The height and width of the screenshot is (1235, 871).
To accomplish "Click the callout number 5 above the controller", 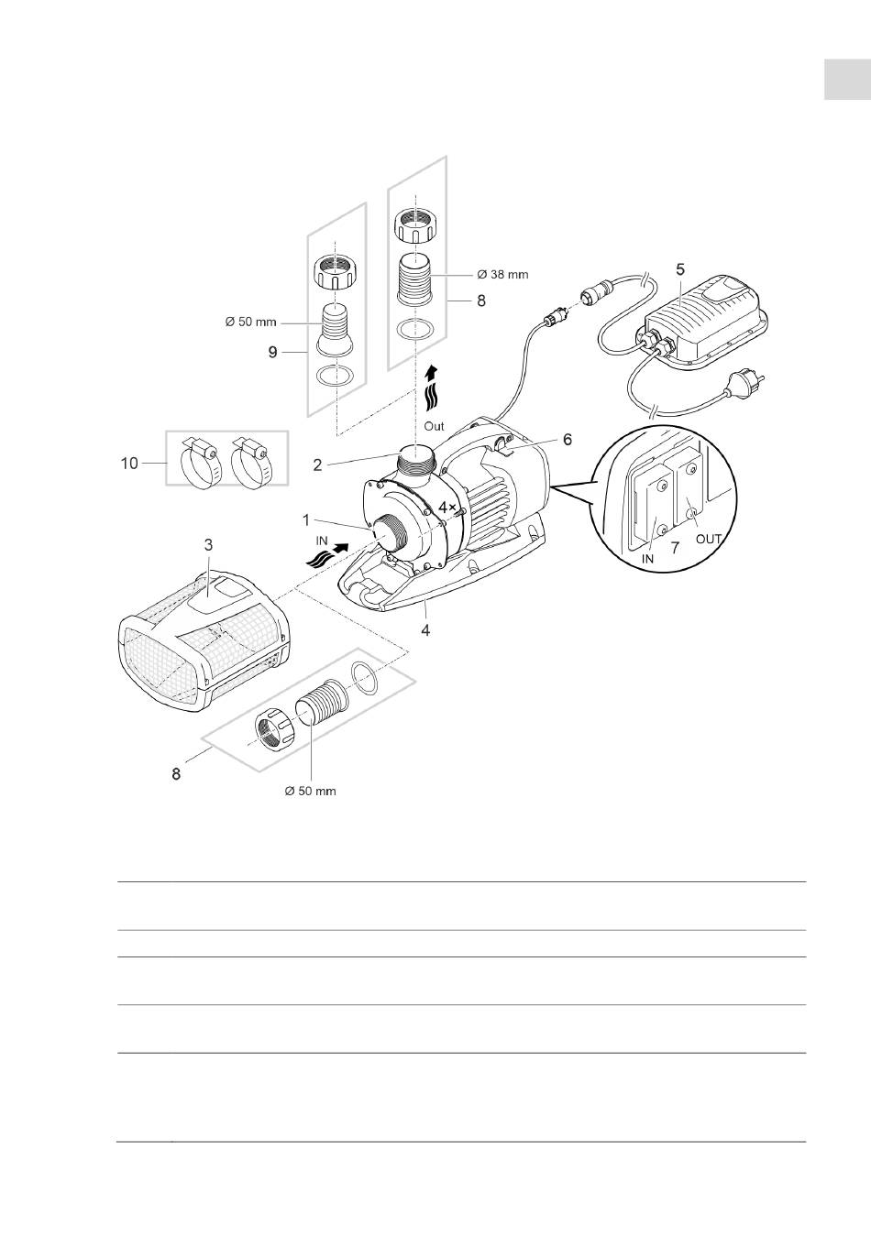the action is click(680, 269).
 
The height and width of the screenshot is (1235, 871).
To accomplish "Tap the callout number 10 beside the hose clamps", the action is click(129, 464).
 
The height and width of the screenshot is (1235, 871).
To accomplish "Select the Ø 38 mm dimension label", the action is click(502, 274).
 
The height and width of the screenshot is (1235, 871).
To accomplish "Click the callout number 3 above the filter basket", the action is click(208, 545).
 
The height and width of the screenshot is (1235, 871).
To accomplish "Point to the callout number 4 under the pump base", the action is click(425, 629).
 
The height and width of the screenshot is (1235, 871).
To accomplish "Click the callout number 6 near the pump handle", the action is click(567, 440).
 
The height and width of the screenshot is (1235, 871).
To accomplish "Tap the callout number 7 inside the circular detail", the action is click(675, 548).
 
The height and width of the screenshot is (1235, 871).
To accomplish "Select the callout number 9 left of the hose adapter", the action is click(272, 352).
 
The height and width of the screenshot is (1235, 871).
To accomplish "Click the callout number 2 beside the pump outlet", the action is click(317, 464).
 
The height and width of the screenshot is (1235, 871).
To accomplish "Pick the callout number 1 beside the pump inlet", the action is click(306, 519).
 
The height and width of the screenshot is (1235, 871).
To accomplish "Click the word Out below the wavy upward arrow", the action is click(434, 426).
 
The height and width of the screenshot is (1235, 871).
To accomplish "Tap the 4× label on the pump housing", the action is click(447, 506).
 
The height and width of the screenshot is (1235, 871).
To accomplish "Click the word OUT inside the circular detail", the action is click(709, 539).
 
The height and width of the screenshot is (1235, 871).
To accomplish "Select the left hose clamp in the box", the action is click(199, 462).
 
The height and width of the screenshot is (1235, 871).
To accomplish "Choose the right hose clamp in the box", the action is click(251, 462).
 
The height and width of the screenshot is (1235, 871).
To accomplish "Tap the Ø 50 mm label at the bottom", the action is click(310, 792).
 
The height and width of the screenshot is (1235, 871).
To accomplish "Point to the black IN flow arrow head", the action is click(342, 548).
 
